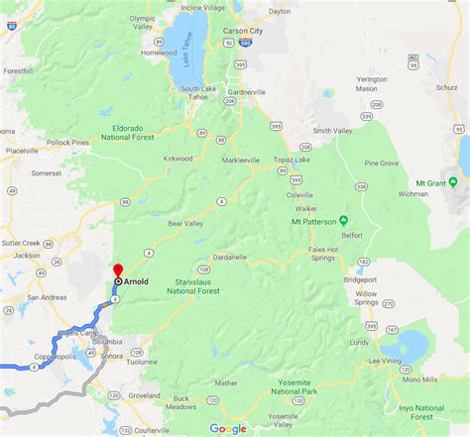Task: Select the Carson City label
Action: click(x=243, y=31)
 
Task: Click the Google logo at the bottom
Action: click(x=227, y=428)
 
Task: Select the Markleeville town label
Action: click(x=245, y=159)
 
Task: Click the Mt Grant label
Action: click(x=431, y=182)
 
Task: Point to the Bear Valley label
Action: click(x=187, y=224)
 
